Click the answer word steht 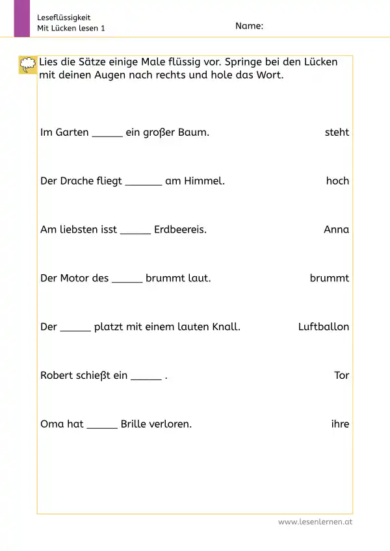tap(337, 133)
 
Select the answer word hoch tap(337, 181)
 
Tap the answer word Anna tap(336, 229)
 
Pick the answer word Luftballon tap(323, 327)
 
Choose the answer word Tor tap(341, 376)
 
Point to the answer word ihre tap(340, 424)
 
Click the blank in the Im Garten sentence tap(107, 135)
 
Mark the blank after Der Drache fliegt tap(143, 183)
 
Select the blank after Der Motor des tap(127, 281)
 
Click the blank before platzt tap(75, 329)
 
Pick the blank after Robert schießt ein tap(146, 378)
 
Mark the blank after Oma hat tap(102, 427)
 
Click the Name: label tap(249, 26)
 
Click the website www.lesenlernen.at tap(315, 522)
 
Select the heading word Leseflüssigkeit tap(64, 18)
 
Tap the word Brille tap(135, 424)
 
